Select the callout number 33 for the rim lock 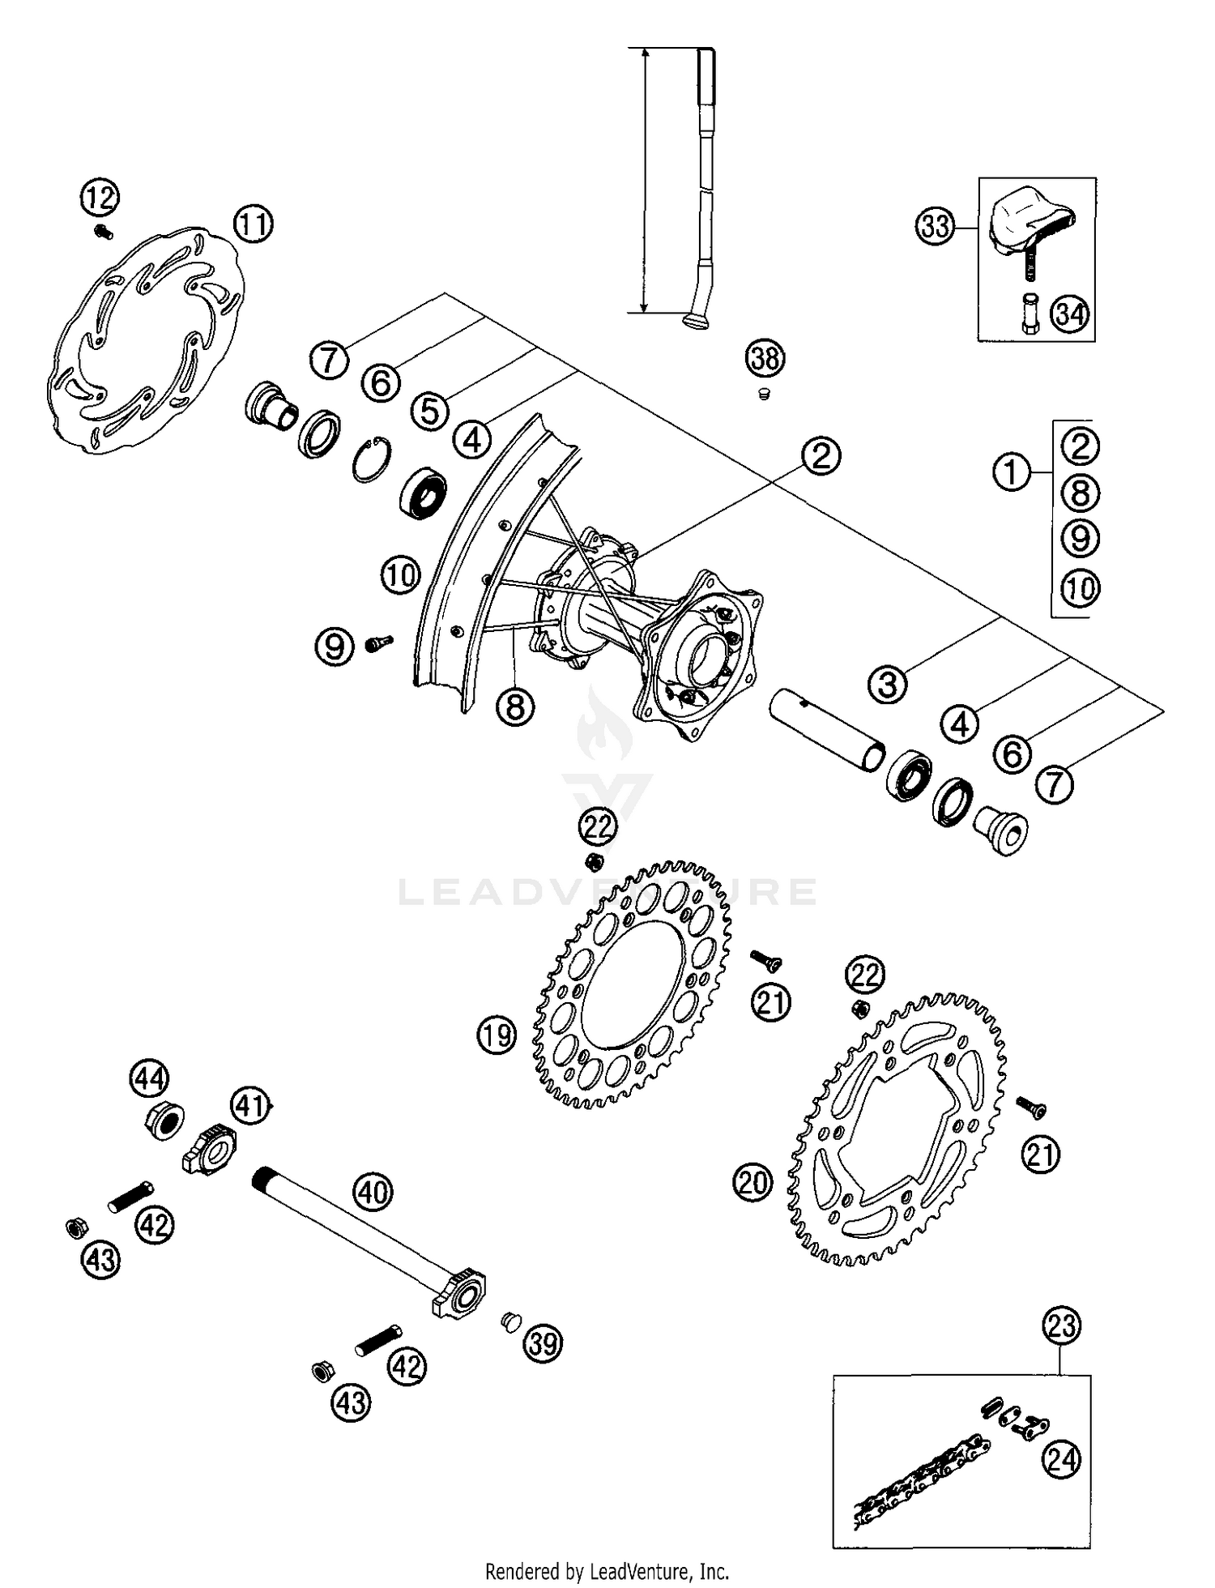(936, 226)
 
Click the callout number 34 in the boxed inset (1070, 314)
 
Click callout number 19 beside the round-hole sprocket (497, 1035)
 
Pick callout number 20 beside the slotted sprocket (752, 1183)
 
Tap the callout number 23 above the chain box (1062, 1325)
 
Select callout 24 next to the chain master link (1060, 1459)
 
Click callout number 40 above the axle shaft (373, 1192)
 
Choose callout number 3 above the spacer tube (888, 684)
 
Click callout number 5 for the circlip (429, 411)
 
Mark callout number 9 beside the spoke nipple (335, 646)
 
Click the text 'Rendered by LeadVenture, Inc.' (607, 1572)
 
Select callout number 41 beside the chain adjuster (250, 1105)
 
